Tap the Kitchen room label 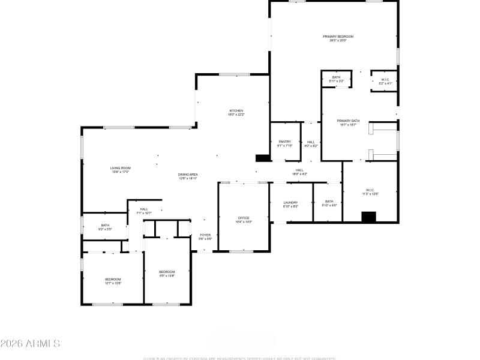click(236, 112)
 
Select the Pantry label click(284, 143)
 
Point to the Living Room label click(120, 170)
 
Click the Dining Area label click(188, 176)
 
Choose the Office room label click(243, 220)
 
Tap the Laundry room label click(290, 204)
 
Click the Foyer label click(205, 236)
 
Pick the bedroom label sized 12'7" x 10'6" click(113, 281)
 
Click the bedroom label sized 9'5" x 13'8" click(167, 274)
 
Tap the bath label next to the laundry click(329, 203)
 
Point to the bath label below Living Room click(105, 227)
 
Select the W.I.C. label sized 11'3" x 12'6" click(370, 192)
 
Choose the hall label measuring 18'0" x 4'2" click(299, 172)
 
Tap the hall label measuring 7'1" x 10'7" click(144, 211)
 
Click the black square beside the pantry click(262, 158)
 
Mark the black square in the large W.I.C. click(368, 217)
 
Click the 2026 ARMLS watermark click(30, 344)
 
